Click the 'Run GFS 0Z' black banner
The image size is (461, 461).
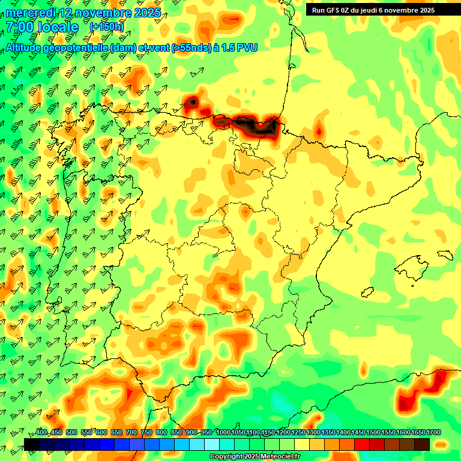click(x=378, y=10)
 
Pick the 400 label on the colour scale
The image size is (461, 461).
click(x=41, y=433)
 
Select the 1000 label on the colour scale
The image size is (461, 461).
click(x=223, y=433)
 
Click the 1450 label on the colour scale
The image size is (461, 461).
click(x=358, y=433)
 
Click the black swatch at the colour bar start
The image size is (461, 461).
click(x=32, y=444)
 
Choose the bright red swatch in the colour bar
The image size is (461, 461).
click(x=362, y=444)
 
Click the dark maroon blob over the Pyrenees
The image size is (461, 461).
click(x=255, y=125)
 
